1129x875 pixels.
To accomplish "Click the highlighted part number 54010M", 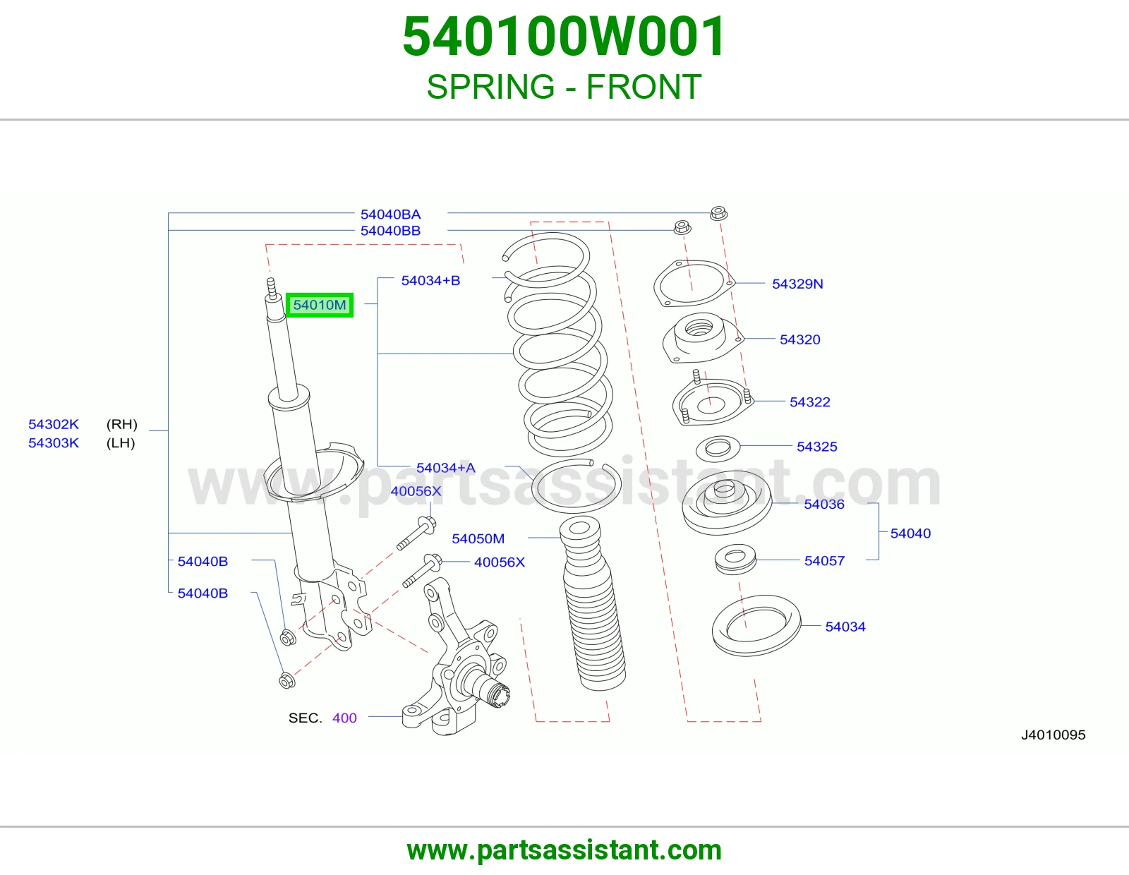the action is [320, 305].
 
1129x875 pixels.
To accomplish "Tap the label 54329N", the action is [797, 284].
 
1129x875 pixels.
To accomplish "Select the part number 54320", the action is [799, 340].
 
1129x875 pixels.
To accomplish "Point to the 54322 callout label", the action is [809, 402].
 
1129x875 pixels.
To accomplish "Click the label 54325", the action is [816, 447].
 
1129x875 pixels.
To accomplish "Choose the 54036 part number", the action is [824, 505].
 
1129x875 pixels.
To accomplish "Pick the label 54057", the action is [824, 561].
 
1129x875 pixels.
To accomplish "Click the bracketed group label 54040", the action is [910, 533].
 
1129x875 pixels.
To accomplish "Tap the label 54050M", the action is [478, 539].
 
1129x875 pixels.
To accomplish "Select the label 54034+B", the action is [430, 281].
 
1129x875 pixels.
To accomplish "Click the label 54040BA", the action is [391, 215].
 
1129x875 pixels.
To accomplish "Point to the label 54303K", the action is [54, 443].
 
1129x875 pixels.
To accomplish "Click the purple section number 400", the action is [344, 718].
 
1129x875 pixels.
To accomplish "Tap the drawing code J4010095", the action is [1053, 735].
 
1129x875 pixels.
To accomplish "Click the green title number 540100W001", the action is [564, 37].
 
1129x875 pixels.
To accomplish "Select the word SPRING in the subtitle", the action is [490, 87].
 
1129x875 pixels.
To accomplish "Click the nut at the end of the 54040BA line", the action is [718, 213].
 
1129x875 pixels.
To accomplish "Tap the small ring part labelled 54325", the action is [718, 449].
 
